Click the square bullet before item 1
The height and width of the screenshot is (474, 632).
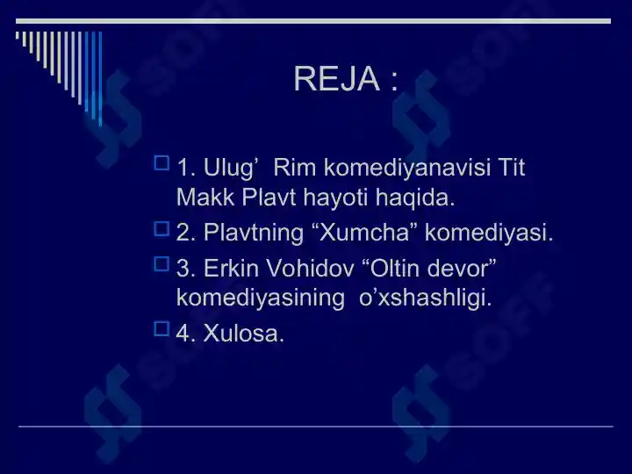pos(161,162)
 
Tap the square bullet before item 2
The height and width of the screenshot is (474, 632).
pos(161,228)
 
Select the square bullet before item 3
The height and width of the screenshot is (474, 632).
pos(161,262)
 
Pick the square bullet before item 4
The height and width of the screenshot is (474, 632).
pos(161,328)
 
